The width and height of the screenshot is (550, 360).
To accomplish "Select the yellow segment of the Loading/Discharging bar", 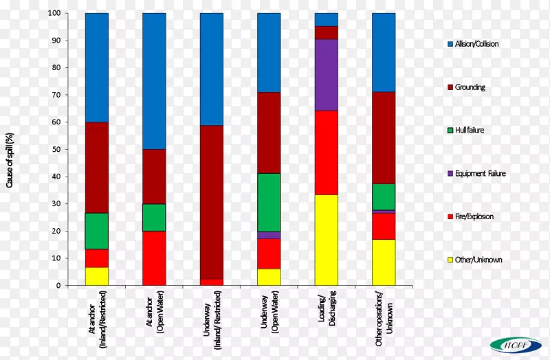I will (x=326, y=240).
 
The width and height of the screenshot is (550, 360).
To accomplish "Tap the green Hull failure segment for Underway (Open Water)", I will (x=269, y=202).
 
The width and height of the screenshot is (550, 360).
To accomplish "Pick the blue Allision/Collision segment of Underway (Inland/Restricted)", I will (x=211, y=69).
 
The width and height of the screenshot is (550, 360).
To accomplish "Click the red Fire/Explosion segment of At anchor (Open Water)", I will (x=154, y=258).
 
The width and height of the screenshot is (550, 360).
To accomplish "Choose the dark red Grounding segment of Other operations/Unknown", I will (x=384, y=137).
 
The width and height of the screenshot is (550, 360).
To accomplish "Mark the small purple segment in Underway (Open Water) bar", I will (x=269, y=235).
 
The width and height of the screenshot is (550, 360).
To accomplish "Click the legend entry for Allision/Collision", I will (x=473, y=44).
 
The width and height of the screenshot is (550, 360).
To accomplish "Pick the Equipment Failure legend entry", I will (x=476, y=174).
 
